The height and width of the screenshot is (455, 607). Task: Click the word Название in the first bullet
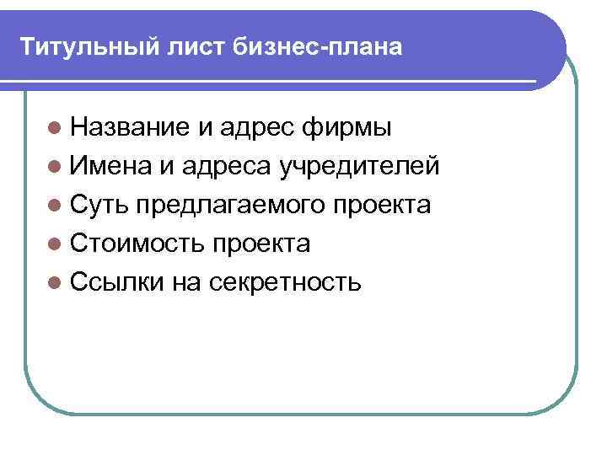[x=130, y=128]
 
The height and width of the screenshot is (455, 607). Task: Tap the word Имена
[x=110, y=167]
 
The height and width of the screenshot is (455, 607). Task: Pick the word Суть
[x=99, y=206]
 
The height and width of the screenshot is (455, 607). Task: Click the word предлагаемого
[x=229, y=206]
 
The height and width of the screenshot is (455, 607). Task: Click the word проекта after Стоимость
[x=261, y=244]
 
